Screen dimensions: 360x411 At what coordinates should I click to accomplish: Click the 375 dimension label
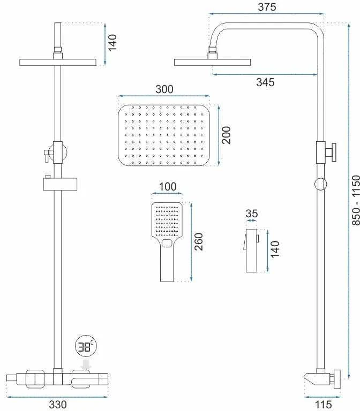coord(267,7)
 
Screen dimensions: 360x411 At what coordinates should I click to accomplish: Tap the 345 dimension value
coord(265,82)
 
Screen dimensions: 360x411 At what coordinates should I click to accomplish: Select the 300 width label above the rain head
coord(164,89)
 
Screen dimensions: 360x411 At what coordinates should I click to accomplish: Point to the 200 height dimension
coord(226,135)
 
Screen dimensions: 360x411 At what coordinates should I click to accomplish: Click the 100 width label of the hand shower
coord(168,187)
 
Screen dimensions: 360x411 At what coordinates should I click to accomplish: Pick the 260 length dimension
coord(199,242)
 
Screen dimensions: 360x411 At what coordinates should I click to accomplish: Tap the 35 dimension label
coord(251,214)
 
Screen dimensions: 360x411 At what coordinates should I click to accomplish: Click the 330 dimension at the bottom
coord(58,404)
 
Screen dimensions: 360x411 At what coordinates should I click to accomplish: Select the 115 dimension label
coord(323,404)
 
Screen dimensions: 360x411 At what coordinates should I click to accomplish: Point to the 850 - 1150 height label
coord(356,200)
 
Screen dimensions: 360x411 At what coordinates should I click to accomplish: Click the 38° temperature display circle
coord(86,346)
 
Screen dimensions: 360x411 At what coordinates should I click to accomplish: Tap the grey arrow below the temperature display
coord(86,365)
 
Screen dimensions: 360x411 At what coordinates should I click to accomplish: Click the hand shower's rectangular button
coord(167,243)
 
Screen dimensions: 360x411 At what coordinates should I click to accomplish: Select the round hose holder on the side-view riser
coord(320,184)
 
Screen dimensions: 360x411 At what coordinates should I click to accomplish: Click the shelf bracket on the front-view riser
coord(60,184)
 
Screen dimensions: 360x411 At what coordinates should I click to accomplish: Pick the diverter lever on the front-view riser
coord(47,156)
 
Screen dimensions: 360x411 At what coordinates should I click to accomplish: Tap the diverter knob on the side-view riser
coord(331,153)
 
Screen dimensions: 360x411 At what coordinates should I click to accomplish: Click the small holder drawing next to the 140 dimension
coord(252,250)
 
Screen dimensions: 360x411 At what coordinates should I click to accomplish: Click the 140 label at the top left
coord(112,43)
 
